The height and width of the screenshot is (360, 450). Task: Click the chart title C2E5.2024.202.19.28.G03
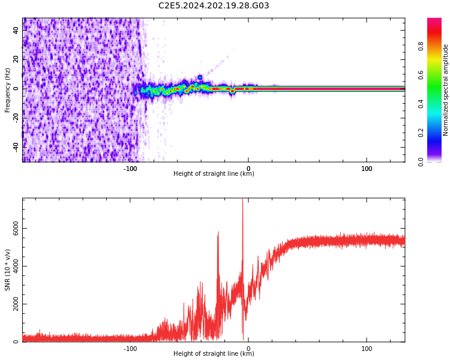214,6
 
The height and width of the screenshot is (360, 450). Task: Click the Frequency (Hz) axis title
8,90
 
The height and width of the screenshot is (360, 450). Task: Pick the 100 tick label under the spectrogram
367,169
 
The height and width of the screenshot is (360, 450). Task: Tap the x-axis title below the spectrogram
214,174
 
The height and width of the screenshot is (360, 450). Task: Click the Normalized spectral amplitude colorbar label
446,90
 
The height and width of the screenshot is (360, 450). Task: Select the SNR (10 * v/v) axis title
8,270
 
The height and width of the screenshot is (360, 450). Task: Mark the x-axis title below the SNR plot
214,354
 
